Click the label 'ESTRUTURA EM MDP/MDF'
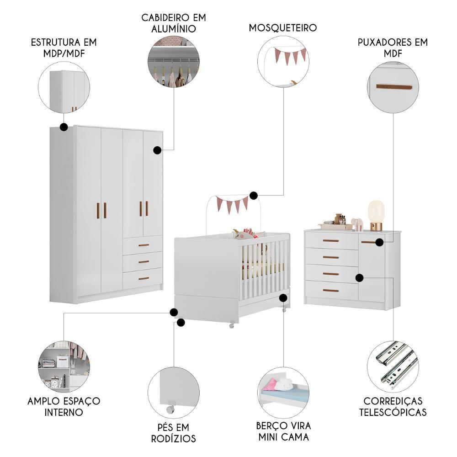pyautogui.click(x=64, y=48)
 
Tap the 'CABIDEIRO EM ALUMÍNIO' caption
pyautogui.click(x=173, y=23)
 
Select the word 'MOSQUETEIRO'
pyautogui.click(x=283, y=28)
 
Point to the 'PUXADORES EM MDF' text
pyautogui.click(x=393, y=48)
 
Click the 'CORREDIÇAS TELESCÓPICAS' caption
pyautogui.click(x=393, y=406)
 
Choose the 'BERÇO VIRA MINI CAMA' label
pyautogui.click(x=283, y=431)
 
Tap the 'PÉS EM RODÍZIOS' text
pyautogui.click(x=173, y=433)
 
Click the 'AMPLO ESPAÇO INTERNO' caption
pyautogui.click(x=64, y=406)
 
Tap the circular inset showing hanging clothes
pyautogui.click(x=174, y=62)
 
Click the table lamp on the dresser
pyautogui.click(x=376, y=215)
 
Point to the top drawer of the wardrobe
pyautogui.click(x=143, y=245)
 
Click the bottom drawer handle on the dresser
pyautogui.click(x=330, y=290)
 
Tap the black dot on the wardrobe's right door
pyautogui.click(x=157, y=150)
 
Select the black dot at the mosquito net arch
pyautogui.click(x=254, y=196)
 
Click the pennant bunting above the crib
pyautogui.click(x=232, y=203)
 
